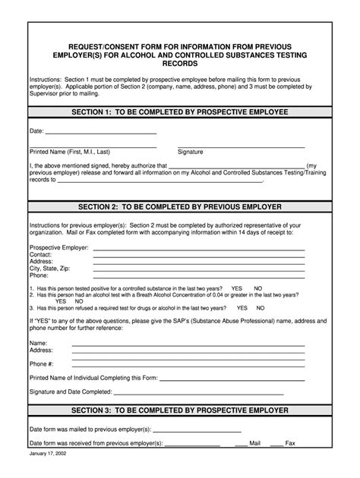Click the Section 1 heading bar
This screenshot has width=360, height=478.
[180, 112]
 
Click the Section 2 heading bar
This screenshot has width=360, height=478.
[180, 206]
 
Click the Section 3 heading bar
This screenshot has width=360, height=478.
[180, 410]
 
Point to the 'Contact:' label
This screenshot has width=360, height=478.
[41, 254]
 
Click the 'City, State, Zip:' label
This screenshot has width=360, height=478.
[50, 269]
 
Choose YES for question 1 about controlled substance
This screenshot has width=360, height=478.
[237, 289]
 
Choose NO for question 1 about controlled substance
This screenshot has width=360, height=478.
[258, 289]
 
